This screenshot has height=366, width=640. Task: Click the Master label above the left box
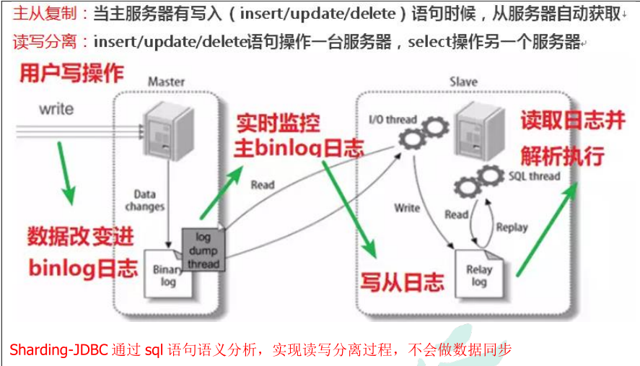tap(166, 82)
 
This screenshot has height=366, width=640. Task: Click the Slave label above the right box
tap(463, 82)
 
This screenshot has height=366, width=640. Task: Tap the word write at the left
tap(56, 109)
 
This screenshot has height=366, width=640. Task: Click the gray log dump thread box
tap(203, 250)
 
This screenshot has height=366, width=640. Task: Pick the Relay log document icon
tap(479, 275)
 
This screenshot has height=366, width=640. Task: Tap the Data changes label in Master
tap(149, 201)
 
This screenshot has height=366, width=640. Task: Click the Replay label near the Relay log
tap(512, 227)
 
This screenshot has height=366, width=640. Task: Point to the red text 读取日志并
tap(572, 121)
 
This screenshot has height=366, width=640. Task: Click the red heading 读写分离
tap(44, 42)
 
